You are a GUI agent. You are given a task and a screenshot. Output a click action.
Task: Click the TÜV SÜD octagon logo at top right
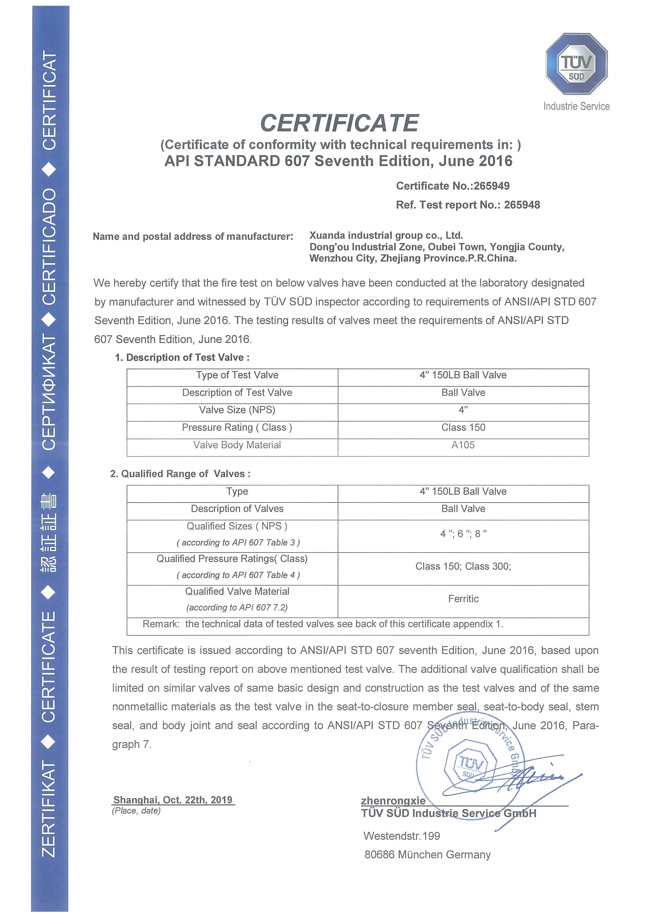point(576,64)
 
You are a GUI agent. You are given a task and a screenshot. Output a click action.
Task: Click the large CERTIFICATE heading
point(339,123)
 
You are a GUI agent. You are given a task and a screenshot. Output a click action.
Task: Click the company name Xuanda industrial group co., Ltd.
point(386,235)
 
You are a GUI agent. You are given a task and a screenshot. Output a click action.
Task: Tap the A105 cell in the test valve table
point(463,445)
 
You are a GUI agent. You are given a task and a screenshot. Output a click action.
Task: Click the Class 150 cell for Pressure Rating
point(463,427)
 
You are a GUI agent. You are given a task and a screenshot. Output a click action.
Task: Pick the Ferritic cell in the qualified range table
point(463,599)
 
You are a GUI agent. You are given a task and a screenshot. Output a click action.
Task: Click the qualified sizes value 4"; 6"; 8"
point(463,534)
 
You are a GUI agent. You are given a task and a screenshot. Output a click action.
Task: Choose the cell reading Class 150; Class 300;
point(463,566)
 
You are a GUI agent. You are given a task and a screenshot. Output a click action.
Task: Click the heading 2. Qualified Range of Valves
point(181,474)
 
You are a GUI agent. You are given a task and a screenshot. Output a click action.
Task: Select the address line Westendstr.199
point(402,836)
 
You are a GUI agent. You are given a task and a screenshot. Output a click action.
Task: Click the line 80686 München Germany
point(427,854)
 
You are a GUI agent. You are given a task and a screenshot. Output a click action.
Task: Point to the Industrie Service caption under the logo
point(576,106)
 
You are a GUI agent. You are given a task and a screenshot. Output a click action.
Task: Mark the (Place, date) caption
point(136,811)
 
